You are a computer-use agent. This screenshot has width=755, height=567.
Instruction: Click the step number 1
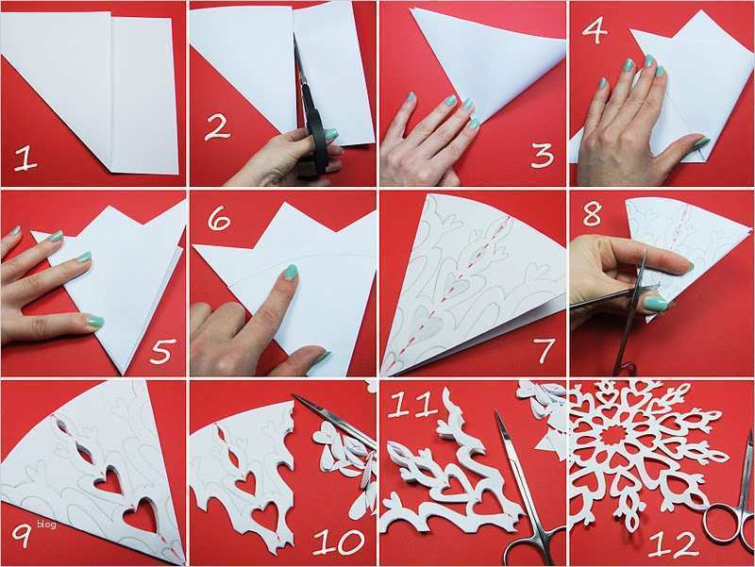tap(25, 157)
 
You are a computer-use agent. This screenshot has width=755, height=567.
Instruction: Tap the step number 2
tap(218, 125)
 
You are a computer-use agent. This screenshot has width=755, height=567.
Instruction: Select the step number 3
tap(541, 153)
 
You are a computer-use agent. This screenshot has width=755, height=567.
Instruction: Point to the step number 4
tap(595, 30)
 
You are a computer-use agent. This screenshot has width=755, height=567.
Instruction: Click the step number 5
tap(161, 351)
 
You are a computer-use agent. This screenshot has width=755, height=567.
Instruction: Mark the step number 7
tap(544, 350)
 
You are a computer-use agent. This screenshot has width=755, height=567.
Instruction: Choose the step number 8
tap(593, 215)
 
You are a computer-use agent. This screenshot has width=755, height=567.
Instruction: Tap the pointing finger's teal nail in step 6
tap(291, 273)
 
